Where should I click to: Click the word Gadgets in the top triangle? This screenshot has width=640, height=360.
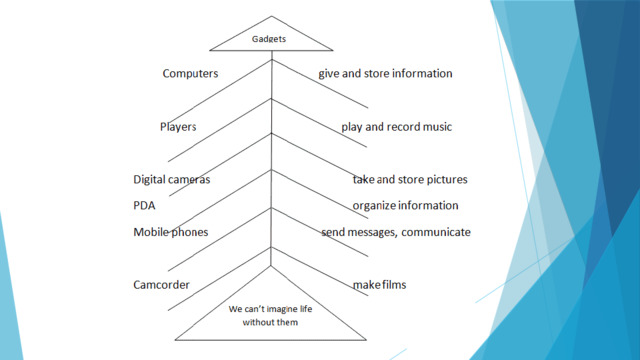click(x=269, y=39)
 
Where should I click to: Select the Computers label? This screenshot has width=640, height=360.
click(x=190, y=73)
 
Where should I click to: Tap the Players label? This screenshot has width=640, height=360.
click(x=178, y=127)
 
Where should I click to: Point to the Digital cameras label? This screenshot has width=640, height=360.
click(x=172, y=180)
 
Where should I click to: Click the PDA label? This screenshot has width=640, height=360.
click(x=144, y=205)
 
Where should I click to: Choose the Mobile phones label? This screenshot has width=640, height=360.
click(x=171, y=232)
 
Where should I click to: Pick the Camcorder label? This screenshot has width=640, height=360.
click(x=161, y=284)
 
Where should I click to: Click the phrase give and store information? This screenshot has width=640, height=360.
click(x=385, y=73)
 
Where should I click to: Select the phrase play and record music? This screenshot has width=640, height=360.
click(x=397, y=127)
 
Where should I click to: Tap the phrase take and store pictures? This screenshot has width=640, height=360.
click(x=410, y=180)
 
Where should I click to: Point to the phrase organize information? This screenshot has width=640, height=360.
click(x=405, y=205)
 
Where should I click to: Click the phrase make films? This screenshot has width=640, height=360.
click(x=380, y=284)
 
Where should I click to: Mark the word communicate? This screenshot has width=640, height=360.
click(x=436, y=232)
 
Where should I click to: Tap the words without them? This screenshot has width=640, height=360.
click(x=270, y=322)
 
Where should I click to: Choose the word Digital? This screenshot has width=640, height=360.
click(x=148, y=180)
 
